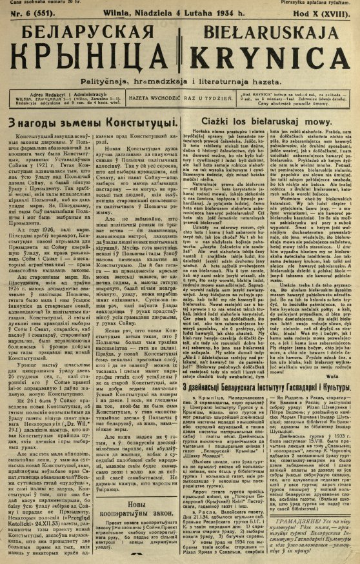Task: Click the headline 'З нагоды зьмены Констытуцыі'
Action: tap(92, 121)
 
